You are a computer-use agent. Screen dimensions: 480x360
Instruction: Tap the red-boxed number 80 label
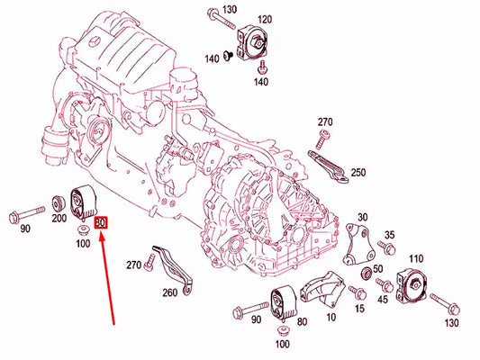pos(101,222)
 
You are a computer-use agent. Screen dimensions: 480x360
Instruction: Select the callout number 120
pos(265,20)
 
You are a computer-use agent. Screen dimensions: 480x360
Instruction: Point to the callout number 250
pos(358,173)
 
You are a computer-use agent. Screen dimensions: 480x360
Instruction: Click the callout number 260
pos(170,292)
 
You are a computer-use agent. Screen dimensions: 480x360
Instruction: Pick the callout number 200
pos(59,218)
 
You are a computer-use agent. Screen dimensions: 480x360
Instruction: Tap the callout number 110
pos(416,259)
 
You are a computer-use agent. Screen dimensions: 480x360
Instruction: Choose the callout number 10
pos(331,317)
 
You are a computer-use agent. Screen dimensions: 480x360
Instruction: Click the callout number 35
pos(390,235)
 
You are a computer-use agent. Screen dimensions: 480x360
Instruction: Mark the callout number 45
pos(383,300)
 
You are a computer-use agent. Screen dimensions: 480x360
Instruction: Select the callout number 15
pos(359,309)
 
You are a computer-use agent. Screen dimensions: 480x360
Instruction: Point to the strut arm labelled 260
pos(174,268)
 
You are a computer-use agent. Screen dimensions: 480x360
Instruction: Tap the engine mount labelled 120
pos(252,42)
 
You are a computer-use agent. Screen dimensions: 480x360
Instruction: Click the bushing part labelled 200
pos(59,203)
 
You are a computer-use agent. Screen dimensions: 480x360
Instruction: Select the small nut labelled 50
pos(367,272)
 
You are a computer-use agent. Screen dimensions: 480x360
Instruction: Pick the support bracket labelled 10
pos(322,289)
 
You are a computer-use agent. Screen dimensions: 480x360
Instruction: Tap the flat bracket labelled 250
pos(328,167)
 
